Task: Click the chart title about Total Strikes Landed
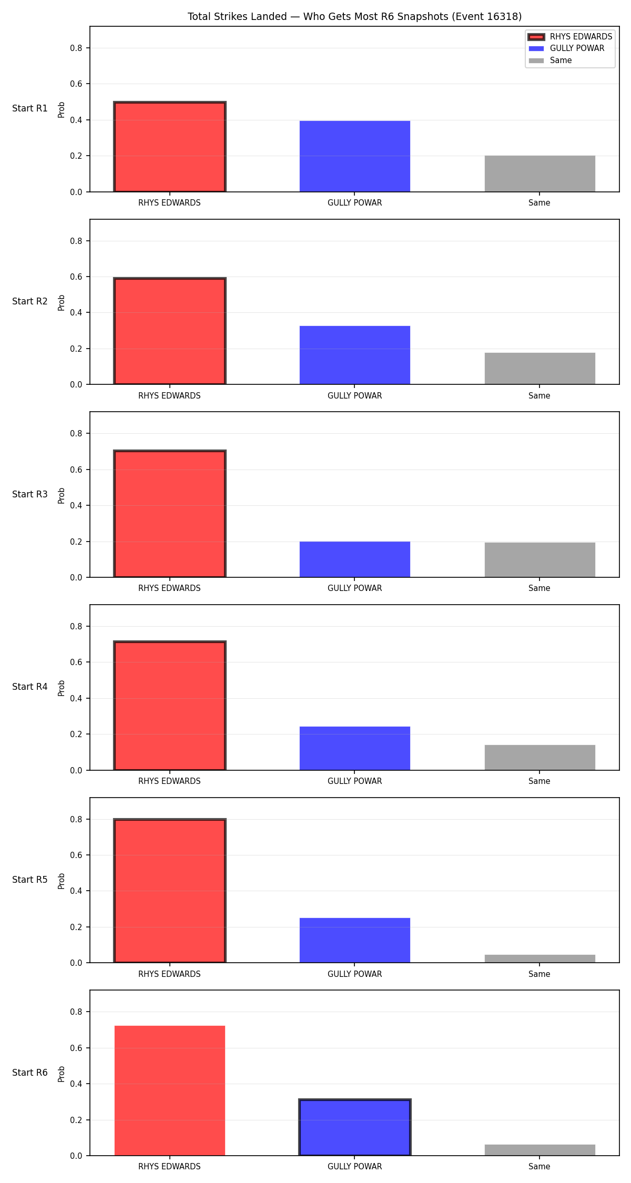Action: click(x=354, y=17)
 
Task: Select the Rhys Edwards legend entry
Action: click(x=571, y=37)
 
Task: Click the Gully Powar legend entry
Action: click(x=566, y=48)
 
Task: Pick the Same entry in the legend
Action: click(x=550, y=60)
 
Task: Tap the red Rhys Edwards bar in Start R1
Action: click(x=170, y=147)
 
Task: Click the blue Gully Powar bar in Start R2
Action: click(x=355, y=355)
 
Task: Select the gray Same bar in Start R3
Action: click(x=540, y=560)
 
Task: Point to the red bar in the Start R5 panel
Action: click(x=170, y=891)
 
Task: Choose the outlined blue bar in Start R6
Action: click(x=355, y=1127)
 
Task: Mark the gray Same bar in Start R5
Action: click(x=540, y=958)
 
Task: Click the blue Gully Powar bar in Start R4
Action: click(x=355, y=748)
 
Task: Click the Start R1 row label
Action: click(x=30, y=108)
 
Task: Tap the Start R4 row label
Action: click(x=30, y=687)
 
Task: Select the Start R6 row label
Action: click(x=30, y=1073)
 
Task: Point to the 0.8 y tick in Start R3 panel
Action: click(x=76, y=433)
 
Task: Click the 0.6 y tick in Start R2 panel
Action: click(x=76, y=277)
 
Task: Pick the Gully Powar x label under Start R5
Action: click(x=355, y=974)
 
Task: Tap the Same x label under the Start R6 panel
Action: click(x=540, y=1166)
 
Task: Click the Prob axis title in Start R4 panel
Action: click(x=62, y=688)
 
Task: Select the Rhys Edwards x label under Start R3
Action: click(x=169, y=588)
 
